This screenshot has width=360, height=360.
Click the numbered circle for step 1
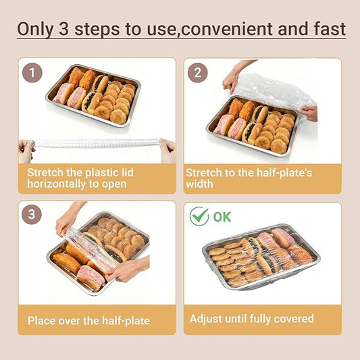(x=32, y=73)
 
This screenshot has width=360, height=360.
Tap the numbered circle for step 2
(x=198, y=73)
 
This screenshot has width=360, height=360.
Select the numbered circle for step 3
(x=32, y=215)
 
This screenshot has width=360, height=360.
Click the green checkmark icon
(x=199, y=216)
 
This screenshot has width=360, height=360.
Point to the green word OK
(x=222, y=217)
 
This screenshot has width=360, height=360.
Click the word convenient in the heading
(x=227, y=30)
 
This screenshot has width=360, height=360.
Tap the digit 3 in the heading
(x=63, y=29)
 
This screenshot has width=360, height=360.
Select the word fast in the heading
(x=330, y=29)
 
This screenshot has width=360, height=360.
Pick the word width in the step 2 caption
(x=199, y=184)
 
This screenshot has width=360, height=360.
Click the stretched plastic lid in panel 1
(x=96, y=143)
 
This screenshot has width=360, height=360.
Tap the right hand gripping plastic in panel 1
(x=168, y=151)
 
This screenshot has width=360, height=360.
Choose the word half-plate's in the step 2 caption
(x=284, y=173)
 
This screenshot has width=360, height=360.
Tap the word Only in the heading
(x=36, y=30)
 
